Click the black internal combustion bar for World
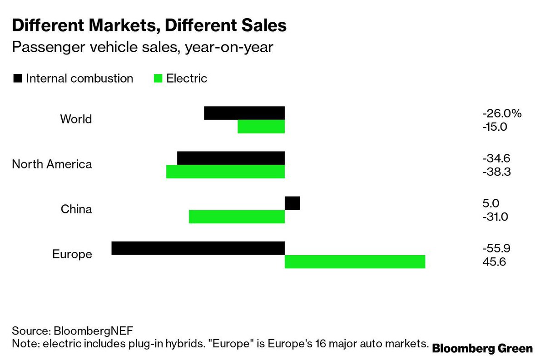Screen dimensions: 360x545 click(244, 113)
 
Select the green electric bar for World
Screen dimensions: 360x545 click(261, 127)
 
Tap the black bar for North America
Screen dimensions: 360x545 click(231, 158)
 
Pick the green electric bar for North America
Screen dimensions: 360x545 click(225, 172)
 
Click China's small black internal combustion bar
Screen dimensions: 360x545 click(292, 203)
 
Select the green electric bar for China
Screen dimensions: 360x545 click(237, 217)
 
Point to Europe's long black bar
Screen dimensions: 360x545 click(198, 248)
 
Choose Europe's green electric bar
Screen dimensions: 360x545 click(355, 261)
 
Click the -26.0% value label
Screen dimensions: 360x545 click(502, 113)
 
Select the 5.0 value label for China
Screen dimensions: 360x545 click(491, 203)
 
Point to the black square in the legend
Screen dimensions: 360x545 click(18, 79)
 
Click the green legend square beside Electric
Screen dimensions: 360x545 click(158, 79)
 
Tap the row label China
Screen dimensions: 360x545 click(76, 209)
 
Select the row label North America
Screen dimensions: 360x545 click(52, 164)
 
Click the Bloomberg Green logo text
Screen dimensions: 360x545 click(482, 349)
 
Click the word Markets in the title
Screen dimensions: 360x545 click(121, 25)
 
